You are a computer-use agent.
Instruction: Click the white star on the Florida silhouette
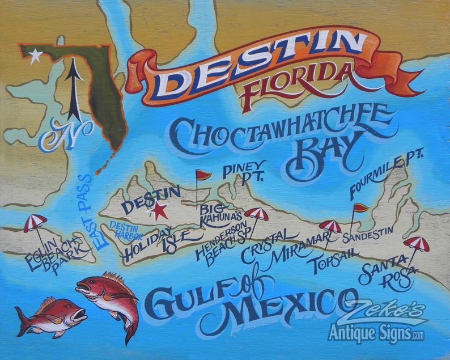click(x=36, y=56)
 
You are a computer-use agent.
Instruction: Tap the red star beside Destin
click(x=158, y=211)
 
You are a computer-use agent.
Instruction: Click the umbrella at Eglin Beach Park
click(x=35, y=223)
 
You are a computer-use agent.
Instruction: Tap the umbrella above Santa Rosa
click(x=416, y=244)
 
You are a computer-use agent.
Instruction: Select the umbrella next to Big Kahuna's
click(x=257, y=214)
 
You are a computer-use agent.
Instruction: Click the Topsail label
click(x=329, y=261)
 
